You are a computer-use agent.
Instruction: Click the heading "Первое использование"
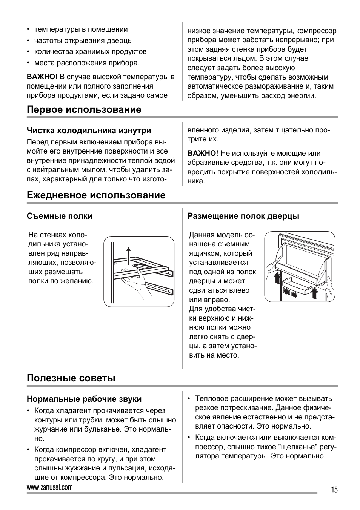pos(84,110)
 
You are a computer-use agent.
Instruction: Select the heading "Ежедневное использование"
pos(96,195)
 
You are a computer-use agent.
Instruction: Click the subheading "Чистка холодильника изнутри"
pos(89,131)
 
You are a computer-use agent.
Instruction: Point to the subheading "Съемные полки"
pos(59,216)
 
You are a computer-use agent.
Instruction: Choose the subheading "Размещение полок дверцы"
pos(243,216)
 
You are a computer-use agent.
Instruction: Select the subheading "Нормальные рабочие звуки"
pos(84,399)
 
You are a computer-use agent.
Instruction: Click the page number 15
pos(334,490)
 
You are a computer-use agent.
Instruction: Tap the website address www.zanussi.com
pos(50,487)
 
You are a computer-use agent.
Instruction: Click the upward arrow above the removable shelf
pos(129,256)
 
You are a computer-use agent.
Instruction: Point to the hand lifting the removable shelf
pos(137,281)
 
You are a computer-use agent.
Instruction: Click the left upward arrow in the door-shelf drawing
pos(277,278)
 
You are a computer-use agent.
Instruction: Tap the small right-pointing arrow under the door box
pos(294,295)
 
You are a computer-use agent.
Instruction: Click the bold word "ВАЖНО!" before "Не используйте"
pos(203,154)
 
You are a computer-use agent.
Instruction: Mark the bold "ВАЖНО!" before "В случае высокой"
pos(42,77)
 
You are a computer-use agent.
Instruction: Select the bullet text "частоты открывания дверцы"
pos(83,41)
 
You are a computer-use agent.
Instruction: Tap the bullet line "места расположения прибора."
pos(87,63)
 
